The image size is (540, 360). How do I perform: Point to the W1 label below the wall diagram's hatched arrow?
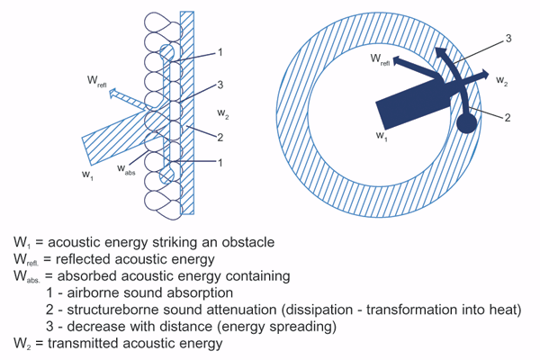[x=86, y=172]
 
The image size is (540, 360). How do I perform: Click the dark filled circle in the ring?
[x=467, y=121]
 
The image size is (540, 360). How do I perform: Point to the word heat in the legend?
[x=505, y=310]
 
